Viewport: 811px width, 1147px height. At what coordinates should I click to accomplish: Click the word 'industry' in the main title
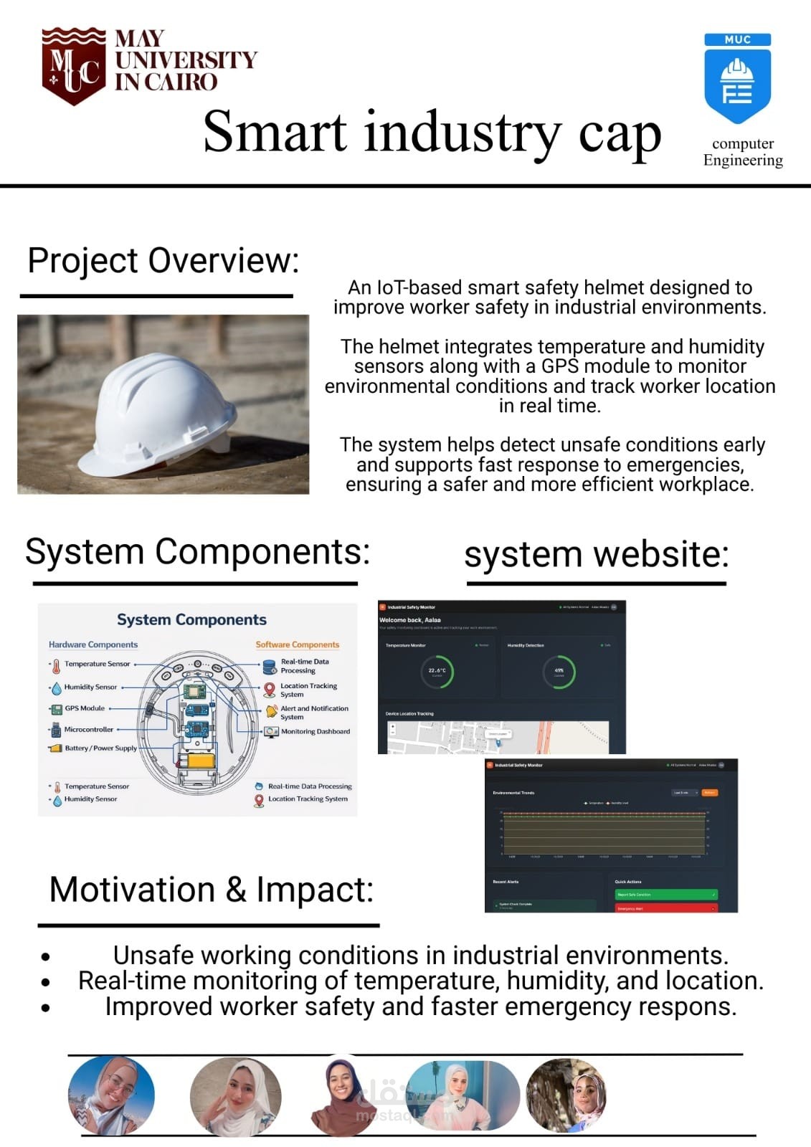[x=463, y=133]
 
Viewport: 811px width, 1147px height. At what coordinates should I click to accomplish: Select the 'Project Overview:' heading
[x=163, y=260]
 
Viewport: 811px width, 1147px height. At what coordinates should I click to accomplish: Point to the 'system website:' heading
[x=596, y=555]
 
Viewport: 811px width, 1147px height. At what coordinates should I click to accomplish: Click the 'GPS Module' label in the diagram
[x=85, y=708]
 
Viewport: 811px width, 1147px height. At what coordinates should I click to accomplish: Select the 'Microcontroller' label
[x=89, y=730]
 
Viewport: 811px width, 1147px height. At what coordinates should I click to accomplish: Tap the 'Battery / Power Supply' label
[x=100, y=748]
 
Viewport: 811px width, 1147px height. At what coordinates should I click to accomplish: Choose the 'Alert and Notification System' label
[x=314, y=713]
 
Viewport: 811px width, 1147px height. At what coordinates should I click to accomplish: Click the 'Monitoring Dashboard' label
[x=316, y=732]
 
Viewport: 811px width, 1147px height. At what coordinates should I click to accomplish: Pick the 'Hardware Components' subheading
[x=93, y=644]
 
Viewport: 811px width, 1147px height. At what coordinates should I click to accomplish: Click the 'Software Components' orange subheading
[x=297, y=644]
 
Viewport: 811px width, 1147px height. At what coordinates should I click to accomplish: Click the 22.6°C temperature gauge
[x=437, y=672]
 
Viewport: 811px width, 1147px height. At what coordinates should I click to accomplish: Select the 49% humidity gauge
[x=559, y=672]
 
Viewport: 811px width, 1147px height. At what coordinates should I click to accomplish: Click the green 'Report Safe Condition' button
[x=665, y=895]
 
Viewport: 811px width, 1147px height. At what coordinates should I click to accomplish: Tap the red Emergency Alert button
[x=665, y=908]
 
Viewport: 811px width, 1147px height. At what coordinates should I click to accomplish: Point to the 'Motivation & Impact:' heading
[x=211, y=890]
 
